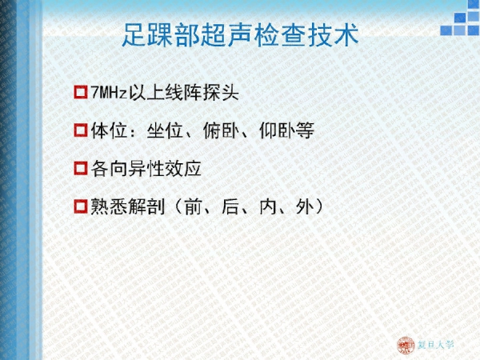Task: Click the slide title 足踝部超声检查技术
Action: point(240,35)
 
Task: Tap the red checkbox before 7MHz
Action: point(81,92)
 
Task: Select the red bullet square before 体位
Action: point(81,130)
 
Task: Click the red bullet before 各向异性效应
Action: point(81,168)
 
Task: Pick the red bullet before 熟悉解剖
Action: point(81,206)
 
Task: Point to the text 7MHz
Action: point(109,92)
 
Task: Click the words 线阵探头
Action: point(202,92)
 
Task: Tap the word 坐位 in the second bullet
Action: point(165,130)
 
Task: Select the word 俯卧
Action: point(221,130)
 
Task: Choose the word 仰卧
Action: point(278,130)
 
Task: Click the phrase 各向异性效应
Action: point(146,168)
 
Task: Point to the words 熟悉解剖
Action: point(128,206)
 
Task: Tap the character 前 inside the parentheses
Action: point(193,206)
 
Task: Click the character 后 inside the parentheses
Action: point(230,206)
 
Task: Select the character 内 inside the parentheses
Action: point(268,206)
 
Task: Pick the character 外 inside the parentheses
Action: point(306,206)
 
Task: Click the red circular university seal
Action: point(406,346)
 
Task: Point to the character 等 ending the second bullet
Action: point(305,130)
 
